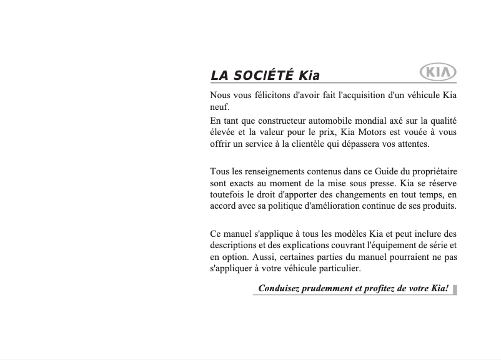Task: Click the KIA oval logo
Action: pyautogui.click(x=438, y=72)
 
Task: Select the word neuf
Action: pyautogui.click(x=220, y=107)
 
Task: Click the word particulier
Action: pyautogui.click(x=338, y=269)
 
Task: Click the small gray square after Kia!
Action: pyautogui.click(x=455, y=289)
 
